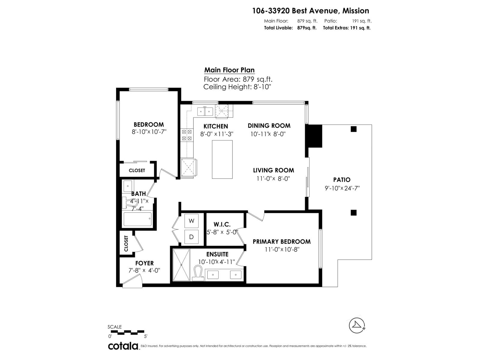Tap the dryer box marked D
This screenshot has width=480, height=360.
click(x=191, y=237)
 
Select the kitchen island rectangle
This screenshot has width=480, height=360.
click(x=222, y=159)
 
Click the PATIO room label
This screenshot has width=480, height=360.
click(x=342, y=180)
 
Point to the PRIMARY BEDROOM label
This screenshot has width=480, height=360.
click(x=281, y=241)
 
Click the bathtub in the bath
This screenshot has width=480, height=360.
click(x=138, y=219)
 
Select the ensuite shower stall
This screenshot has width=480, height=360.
click(x=181, y=265)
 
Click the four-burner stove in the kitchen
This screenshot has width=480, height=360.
click(x=187, y=135)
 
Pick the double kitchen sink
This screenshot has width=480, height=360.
click(x=205, y=111)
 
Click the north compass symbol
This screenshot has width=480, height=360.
click(x=357, y=325)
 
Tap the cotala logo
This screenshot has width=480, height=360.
click(x=123, y=346)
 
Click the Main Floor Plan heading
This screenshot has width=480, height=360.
click(x=229, y=70)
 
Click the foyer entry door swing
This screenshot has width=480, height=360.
click(x=132, y=282)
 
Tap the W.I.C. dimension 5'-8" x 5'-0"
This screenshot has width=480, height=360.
click(x=222, y=232)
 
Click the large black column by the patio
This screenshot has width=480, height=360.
click(x=314, y=136)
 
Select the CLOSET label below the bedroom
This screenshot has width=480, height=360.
click(x=137, y=170)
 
